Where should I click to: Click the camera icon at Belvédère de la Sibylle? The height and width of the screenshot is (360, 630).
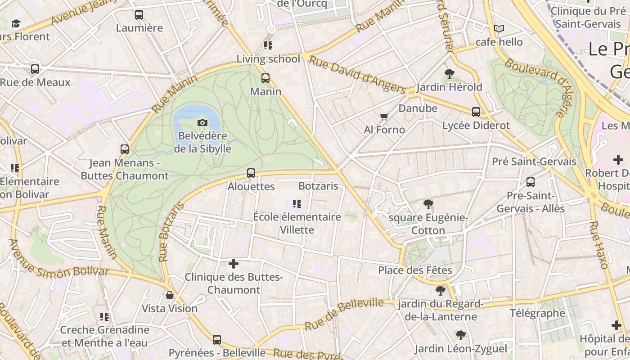tap(202, 122)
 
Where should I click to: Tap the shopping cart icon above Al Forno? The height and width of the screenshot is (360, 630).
tap(384, 117)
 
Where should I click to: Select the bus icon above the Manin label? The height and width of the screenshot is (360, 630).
tap(265, 78)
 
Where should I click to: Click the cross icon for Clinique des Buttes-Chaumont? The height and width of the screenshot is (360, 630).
tap(234, 264)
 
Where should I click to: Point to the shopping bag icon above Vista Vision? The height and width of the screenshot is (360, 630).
tap(170, 295)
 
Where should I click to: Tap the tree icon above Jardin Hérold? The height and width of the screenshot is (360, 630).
tap(449, 73)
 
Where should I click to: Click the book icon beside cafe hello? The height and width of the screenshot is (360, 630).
tap(499, 29)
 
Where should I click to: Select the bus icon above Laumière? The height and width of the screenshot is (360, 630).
tap(139, 14)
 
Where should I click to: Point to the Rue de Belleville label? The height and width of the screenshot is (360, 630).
tap(344, 314)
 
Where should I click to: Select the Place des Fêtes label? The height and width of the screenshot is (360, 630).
tap(415, 270)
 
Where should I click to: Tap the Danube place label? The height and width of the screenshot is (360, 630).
tap(418, 108)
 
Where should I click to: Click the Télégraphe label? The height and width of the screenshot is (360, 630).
tap(537, 313)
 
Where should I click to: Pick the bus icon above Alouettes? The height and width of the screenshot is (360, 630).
tap(251, 173)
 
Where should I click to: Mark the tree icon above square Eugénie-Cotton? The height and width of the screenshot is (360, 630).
tap(428, 204)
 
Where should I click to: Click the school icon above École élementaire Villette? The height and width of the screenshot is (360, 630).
tap(297, 204)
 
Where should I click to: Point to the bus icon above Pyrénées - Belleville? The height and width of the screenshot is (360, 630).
tap(217, 340)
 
